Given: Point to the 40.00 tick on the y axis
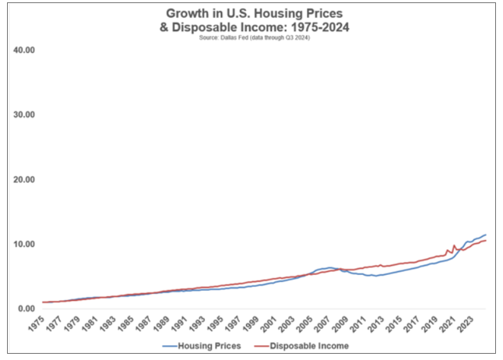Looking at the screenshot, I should coord(24,50).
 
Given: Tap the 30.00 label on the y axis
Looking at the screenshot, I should coord(24,115).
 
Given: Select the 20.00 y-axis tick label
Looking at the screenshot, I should coord(24,179).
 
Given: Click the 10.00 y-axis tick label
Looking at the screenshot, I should coord(24,244).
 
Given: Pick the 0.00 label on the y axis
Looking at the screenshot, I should coord(26,309).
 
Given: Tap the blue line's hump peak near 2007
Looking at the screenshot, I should coord(330,267).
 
